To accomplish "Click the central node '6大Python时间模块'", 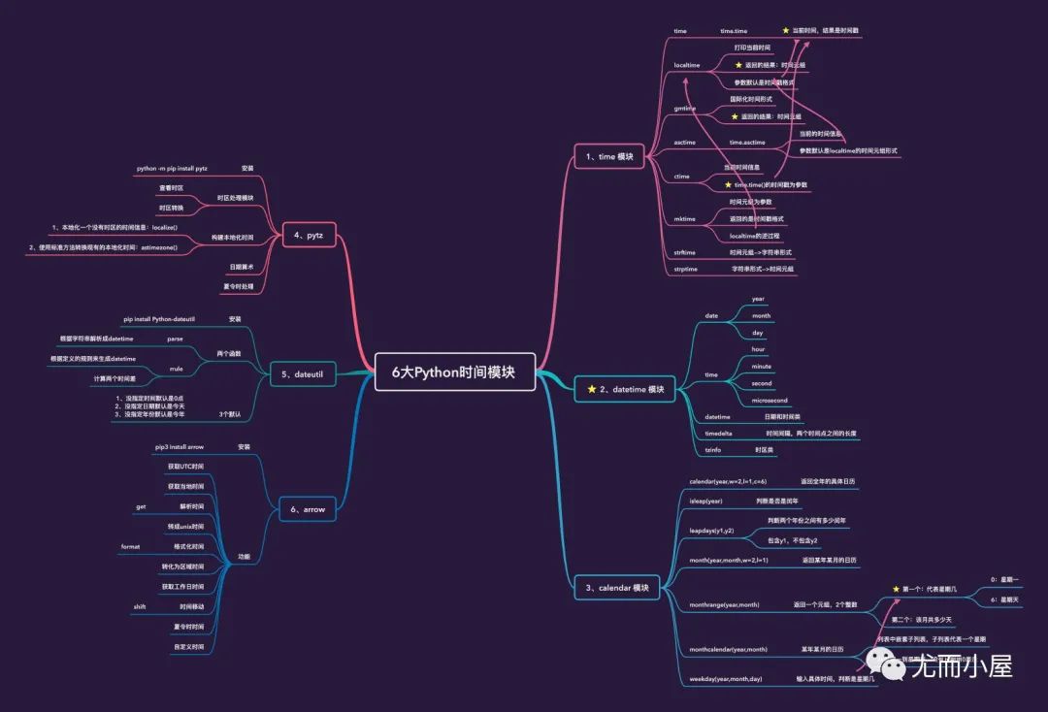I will [454, 372].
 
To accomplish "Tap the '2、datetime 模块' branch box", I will [626, 389].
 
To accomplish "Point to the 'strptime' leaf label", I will [685, 268].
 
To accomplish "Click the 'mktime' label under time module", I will [685, 219].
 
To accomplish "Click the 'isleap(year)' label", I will [705, 501].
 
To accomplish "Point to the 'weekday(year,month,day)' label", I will [726, 679].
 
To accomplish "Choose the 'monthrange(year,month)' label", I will [724, 604].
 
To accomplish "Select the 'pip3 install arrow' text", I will [180, 447].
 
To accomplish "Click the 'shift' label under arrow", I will [141, 606].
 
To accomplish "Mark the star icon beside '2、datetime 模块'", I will [591, 389].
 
